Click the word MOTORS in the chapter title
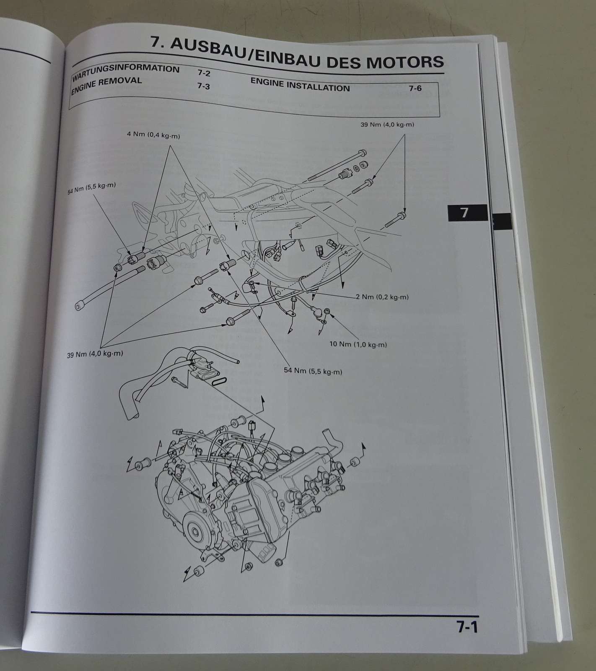pos(404,62)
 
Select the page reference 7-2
pos(204,73)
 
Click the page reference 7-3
pos(203,86)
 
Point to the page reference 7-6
pos(415,88)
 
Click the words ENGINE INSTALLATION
pos(300,85)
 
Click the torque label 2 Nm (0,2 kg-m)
pos(382,297)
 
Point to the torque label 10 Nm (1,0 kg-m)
pos(358,344)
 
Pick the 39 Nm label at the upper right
pos(388,125)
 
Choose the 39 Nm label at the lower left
pos(95,354)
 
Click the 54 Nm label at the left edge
pos(92,189)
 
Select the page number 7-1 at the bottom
pos(467,627)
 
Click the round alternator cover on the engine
pos(197,531)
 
